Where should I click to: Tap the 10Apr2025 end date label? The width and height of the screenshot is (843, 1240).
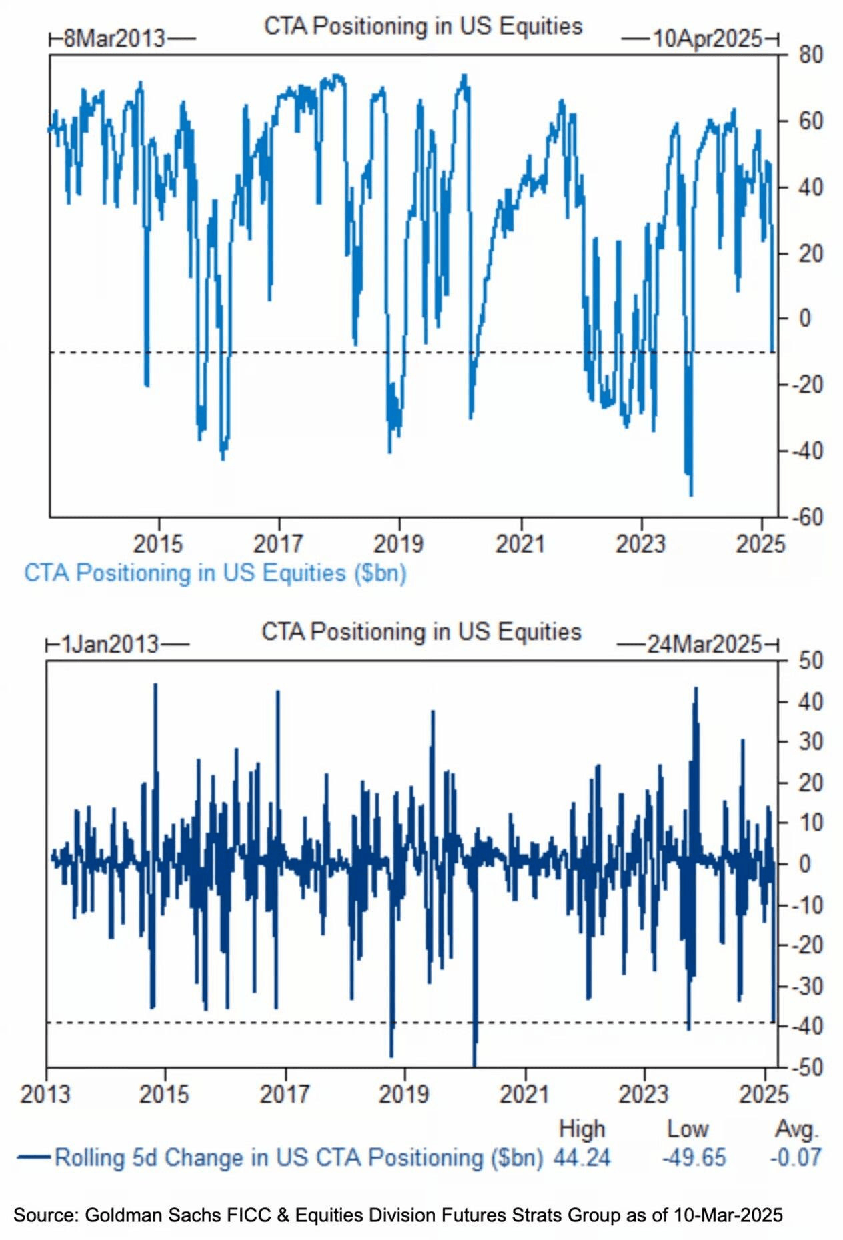707,39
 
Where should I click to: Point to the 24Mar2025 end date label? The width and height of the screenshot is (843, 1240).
704,644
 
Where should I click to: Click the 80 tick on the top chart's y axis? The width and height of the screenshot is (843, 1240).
810,55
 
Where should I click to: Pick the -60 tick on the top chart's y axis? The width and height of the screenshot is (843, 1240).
808,517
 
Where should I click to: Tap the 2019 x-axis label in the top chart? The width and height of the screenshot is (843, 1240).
398,544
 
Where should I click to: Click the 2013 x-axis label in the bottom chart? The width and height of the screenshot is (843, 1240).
45,1094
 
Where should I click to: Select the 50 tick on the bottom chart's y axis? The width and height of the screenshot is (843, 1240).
810,661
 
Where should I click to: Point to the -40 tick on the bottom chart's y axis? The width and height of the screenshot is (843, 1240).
808,1027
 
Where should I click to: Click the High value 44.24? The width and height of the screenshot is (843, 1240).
582,1157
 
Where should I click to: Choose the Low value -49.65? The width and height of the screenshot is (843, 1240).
694,1157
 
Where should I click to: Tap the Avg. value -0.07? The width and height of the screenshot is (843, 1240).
795,1157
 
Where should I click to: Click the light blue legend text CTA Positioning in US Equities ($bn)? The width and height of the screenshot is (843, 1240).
215,573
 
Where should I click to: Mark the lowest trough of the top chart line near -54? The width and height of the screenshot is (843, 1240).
690,495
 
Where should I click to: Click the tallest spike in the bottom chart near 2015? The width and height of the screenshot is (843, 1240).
155,685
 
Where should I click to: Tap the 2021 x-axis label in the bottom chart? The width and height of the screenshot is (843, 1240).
524,1094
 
